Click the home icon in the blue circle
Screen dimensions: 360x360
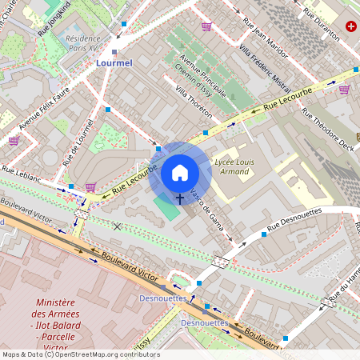click(x=180, y=172)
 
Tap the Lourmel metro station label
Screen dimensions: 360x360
click(x=114, y=62)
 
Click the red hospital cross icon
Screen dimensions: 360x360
click(x=350, y=26)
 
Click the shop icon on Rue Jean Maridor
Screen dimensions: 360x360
click(x=206, y=26)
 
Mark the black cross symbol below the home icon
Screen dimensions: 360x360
click(x=179, y=197)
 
